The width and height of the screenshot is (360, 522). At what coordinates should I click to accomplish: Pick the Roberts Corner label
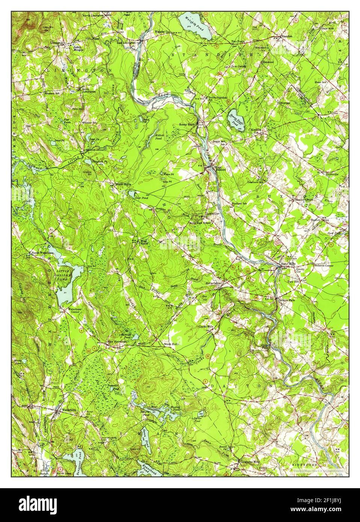pos(324,266)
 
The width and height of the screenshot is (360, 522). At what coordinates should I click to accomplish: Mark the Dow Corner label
pos(238,66)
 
